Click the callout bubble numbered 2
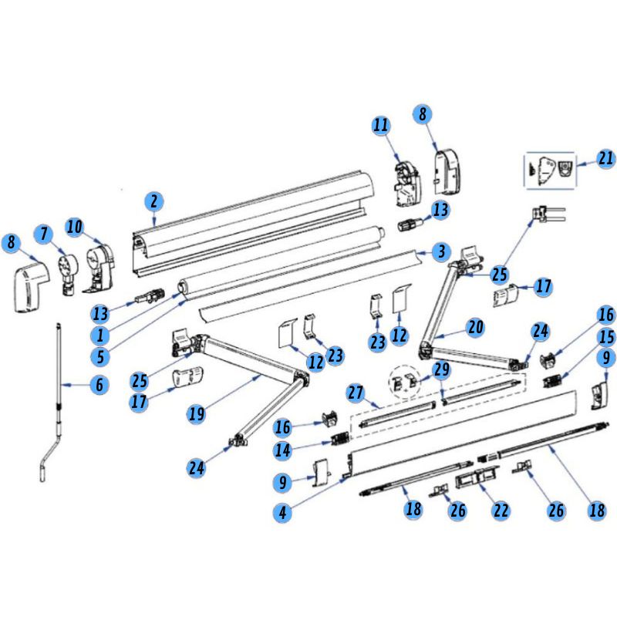(x=154, y=202)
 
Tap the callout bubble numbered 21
(x=605, y=160)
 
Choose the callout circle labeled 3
(x=440, y=251)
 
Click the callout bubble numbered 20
(x=475, y=327)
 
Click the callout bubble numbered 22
(x=501, y=511)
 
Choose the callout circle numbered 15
(x=607, y=337)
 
